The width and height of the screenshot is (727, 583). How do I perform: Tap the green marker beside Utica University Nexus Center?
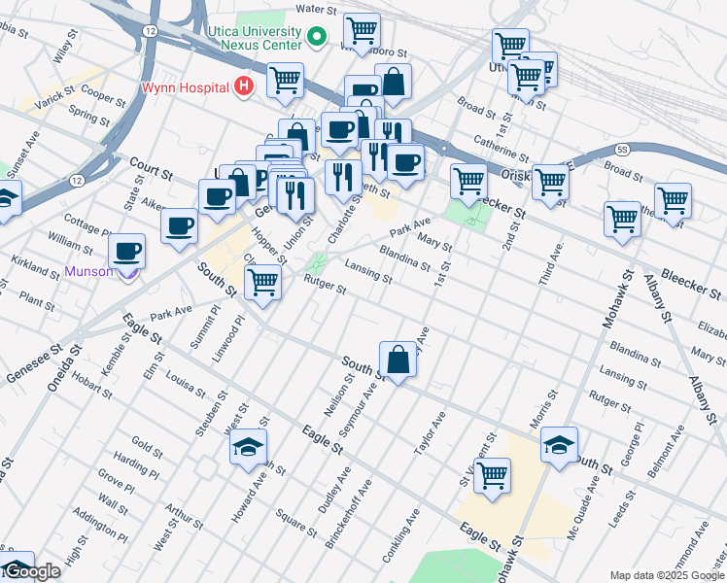[316, 38]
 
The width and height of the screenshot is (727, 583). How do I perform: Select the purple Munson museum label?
[89, 272]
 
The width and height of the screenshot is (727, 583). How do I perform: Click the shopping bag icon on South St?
[398, 360]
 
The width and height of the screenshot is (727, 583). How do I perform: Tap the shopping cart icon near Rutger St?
[262, 282]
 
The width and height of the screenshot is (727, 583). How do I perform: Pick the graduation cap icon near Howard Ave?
[248, 447]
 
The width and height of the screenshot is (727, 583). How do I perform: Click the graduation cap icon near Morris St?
[560, 444]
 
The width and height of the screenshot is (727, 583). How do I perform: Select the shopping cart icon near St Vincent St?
[493, 476]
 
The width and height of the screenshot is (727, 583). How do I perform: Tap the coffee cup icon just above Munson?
[127, 252]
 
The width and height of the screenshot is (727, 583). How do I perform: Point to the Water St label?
[315, 9]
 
